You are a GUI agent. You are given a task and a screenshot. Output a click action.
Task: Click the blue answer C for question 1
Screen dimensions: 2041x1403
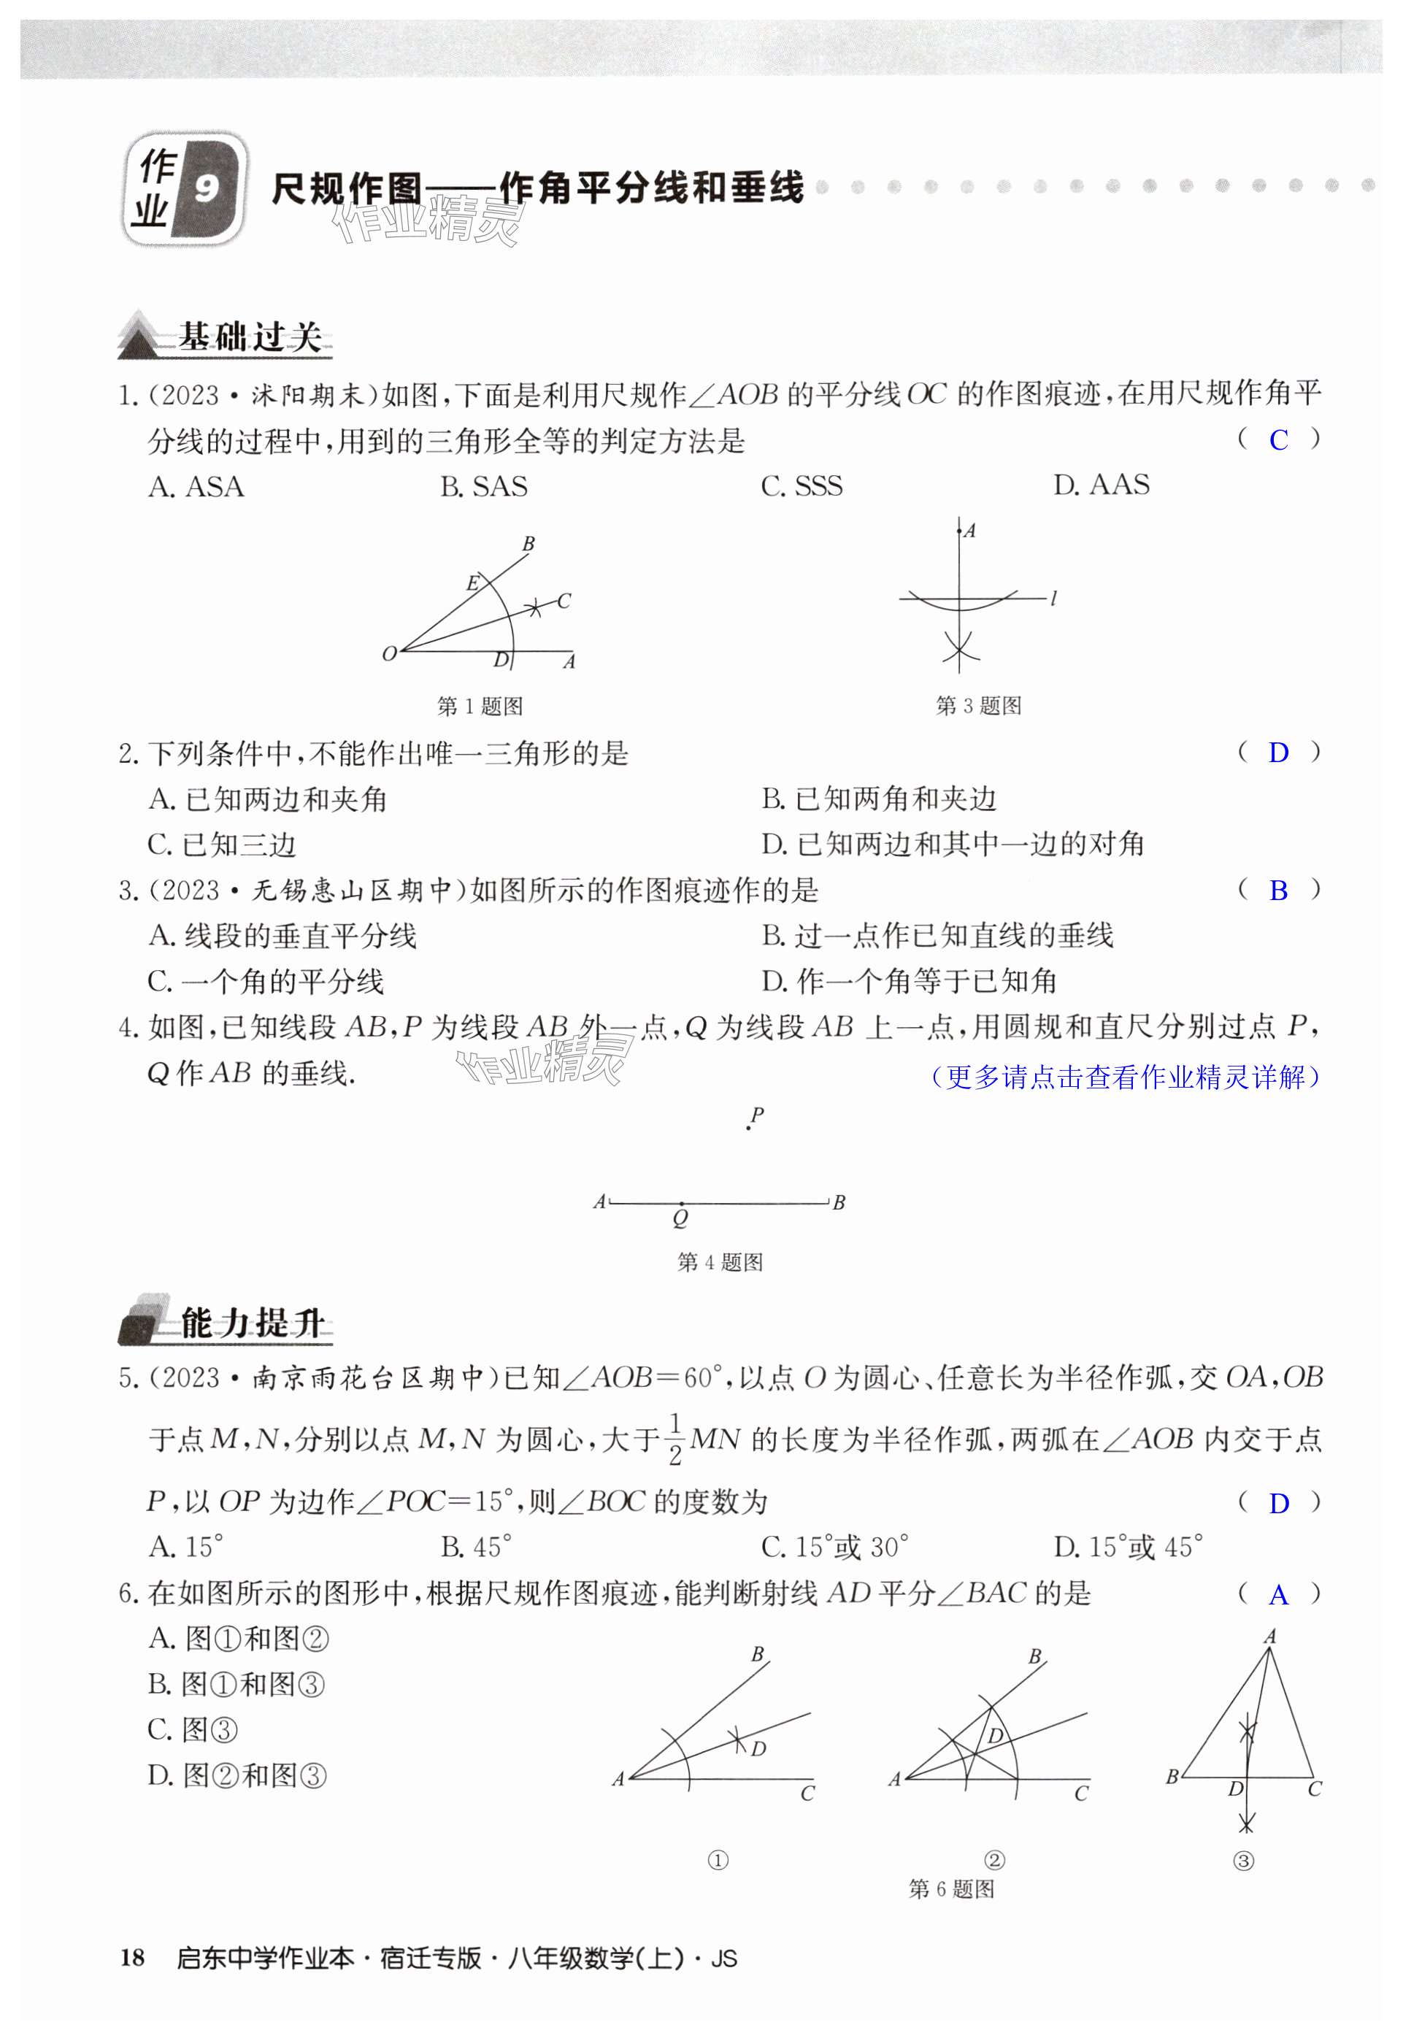[x=1278, y=439]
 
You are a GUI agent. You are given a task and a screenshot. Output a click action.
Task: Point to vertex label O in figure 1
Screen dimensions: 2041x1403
[x=389, y=653]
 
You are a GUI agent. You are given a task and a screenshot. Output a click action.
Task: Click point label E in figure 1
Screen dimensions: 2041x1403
[x=472, y=583]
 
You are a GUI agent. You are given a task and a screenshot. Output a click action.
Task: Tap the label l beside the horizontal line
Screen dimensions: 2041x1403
[x=1053, y=599]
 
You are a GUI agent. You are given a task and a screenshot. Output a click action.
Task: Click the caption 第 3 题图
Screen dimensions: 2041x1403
[x=977, y=705]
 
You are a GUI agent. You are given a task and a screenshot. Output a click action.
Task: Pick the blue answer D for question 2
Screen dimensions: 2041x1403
[x=1278, y=753]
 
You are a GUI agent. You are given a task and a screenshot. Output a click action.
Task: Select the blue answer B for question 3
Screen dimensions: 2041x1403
[x=1278, y=891]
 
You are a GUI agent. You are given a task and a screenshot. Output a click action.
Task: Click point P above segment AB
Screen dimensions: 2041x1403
[x=749, y=1127]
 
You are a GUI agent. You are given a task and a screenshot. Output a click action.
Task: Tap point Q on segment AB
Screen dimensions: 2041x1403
[x=680, y=1202]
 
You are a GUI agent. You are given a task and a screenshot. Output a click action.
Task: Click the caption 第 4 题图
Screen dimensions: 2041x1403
[x=719, y=1262]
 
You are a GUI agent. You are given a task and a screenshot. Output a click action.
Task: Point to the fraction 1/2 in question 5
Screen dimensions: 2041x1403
[x=675, y=1439]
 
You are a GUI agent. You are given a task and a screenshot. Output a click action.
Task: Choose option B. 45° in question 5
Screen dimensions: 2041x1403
[x=476, y=1546]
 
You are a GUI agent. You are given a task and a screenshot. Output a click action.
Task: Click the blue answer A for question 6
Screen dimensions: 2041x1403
[x=1278, y=1594]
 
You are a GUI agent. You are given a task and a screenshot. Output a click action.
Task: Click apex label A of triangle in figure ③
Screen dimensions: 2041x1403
[x=1269, y=1637]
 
